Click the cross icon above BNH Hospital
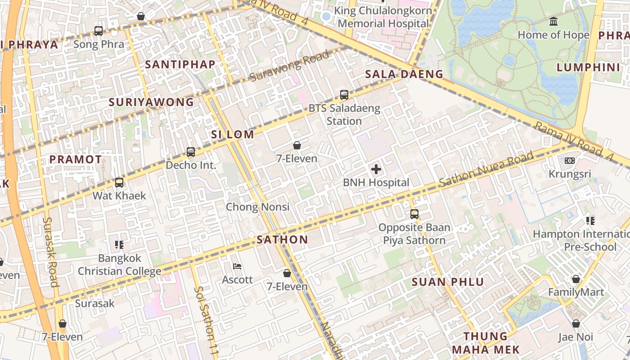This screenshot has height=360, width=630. [376, 170]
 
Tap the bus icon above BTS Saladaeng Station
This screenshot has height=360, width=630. [344, 95]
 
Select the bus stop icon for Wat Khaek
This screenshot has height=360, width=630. [119, 183]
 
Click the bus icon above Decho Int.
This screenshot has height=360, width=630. [191, 152]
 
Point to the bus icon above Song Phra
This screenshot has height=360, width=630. [99, 31]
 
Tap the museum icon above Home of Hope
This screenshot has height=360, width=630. [553, 22]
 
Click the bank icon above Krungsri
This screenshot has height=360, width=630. [570, 161]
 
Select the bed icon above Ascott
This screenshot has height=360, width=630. [238, 266]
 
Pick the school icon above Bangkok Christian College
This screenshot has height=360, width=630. [119, 245]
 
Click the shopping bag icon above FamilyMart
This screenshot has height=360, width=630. [576, 279]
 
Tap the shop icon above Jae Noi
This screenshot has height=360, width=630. [576, 324]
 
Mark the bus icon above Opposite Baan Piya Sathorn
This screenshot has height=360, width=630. [414, 214]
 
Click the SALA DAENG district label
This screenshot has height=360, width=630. [404, 74]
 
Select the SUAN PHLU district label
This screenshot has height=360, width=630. [448, 282]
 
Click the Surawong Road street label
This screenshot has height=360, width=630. [289, 67]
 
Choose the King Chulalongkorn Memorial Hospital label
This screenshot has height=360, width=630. [383, 17]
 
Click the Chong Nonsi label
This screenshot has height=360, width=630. [257, 207]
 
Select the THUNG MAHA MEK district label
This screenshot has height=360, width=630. [486, 343]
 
